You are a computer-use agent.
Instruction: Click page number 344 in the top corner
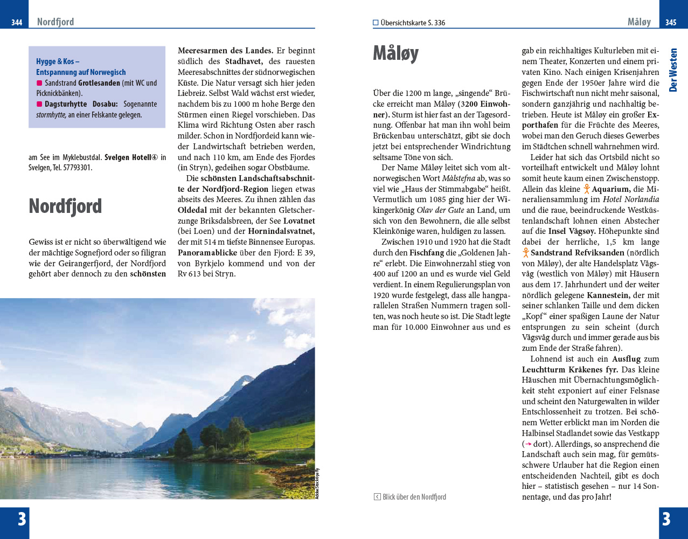click(x=17, y=23)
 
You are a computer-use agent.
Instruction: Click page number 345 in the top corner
click(x=671, y=23)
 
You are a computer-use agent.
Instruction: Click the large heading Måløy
click(x=395, y=54)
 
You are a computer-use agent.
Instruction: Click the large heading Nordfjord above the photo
click(x=65, y=206)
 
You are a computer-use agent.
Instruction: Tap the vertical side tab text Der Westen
click(x=673, y=70)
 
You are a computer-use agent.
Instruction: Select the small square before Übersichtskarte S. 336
click(x=376, y=23)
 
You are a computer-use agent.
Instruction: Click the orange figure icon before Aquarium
click(x=586, y=189)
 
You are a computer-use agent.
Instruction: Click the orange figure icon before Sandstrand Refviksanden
click(x=525, y=253)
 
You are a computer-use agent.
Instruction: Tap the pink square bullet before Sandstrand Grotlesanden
click(x=39, y=83)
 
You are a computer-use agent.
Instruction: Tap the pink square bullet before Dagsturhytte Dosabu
click(x=39, y=104)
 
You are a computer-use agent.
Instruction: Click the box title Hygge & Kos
click(x=58, y=61)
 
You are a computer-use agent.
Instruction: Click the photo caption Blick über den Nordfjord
click(x=414, y=497)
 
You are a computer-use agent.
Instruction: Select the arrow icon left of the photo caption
click(x=377, y=497)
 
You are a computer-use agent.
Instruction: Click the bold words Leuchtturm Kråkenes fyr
click(x=570, y=370)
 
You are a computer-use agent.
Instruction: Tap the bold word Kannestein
click(x=608, y=295)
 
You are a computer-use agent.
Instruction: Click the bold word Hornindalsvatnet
click(x=281, y=231)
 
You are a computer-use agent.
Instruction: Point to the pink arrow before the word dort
click(x=529, y=444)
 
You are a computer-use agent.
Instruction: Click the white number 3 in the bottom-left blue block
click(x=22, y=519)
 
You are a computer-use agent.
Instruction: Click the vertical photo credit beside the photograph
click(x=317, y=483)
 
